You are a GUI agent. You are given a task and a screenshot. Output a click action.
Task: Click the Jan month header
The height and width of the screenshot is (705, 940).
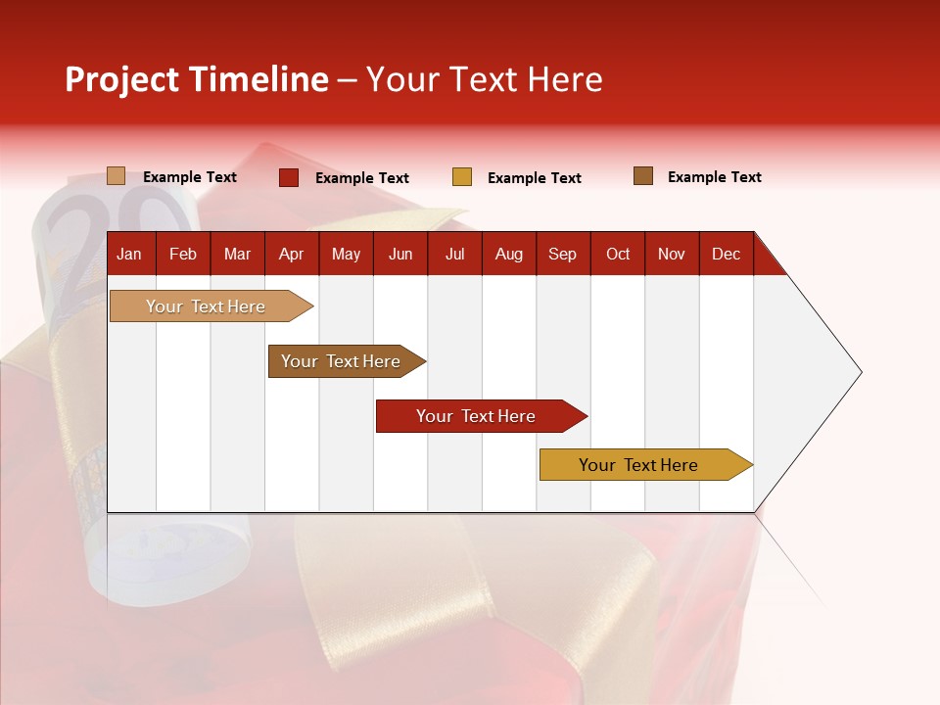tap(129, 254)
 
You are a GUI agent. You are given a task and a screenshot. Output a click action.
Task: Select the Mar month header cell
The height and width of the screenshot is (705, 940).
tap(237, 254)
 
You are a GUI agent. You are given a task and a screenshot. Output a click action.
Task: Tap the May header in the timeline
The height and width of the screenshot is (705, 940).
tap(346, 254)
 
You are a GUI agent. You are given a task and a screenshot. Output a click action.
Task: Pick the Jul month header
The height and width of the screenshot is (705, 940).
tap(454, 254)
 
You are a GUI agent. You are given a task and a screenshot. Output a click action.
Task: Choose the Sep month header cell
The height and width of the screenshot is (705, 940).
tap(562, 254)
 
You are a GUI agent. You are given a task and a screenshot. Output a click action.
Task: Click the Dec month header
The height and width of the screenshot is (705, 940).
tap(726, 254)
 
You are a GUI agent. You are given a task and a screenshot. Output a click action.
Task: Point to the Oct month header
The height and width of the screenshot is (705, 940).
tap(618, 254)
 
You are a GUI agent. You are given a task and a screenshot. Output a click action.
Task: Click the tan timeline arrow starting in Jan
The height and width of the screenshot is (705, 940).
tap(206, 306)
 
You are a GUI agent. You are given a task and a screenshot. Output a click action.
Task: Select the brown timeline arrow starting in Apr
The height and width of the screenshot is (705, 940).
tap(341, 361)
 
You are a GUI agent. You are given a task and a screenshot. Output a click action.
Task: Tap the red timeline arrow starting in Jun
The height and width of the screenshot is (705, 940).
tap(476, 416)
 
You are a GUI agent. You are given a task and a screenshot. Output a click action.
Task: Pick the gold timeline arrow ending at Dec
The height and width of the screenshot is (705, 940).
tap(638, 465)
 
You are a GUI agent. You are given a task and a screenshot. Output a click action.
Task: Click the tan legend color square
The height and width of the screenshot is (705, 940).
tap(117, 176)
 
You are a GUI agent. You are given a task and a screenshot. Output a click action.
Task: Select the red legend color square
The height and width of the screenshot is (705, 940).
tap(289, 177)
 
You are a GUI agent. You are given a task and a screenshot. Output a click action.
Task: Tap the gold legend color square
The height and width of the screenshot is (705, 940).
tap(462, 177)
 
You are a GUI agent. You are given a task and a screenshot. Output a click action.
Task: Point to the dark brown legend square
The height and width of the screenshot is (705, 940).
tap(643, 176)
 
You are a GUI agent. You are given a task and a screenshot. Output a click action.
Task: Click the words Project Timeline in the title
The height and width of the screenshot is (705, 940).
tap(197, 79)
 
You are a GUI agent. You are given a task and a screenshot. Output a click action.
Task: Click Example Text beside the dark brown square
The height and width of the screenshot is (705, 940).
tap(714, 177)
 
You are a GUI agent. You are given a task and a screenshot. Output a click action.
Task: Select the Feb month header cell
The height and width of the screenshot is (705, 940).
tap(183, 254)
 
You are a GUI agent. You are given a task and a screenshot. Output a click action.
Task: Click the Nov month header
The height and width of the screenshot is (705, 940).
tap(672, 254)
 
